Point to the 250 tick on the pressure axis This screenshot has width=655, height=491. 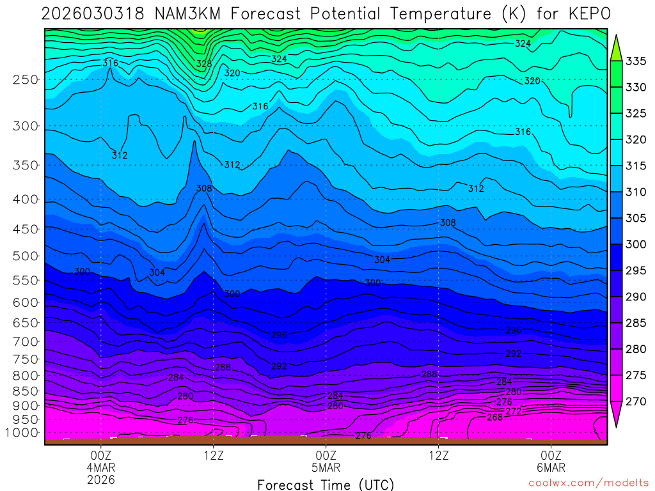[26, 80]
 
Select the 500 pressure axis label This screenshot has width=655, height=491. [26, 256]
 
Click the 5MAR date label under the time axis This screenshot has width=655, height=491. [326, 467]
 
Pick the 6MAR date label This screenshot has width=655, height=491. [551, 467]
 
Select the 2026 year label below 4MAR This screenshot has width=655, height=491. [101, 479]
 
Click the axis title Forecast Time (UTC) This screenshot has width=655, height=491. [326, 485]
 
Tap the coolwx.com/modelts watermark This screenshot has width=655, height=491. [588, 483]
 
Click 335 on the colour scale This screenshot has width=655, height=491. [636, 61]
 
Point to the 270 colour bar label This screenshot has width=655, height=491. [636, 401]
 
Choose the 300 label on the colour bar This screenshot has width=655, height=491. [636, 244]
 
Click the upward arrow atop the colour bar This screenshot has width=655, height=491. [617, 49]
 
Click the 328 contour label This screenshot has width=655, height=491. [204, 64]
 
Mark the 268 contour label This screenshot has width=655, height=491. [494, 417]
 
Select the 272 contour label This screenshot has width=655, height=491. [514, 411]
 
